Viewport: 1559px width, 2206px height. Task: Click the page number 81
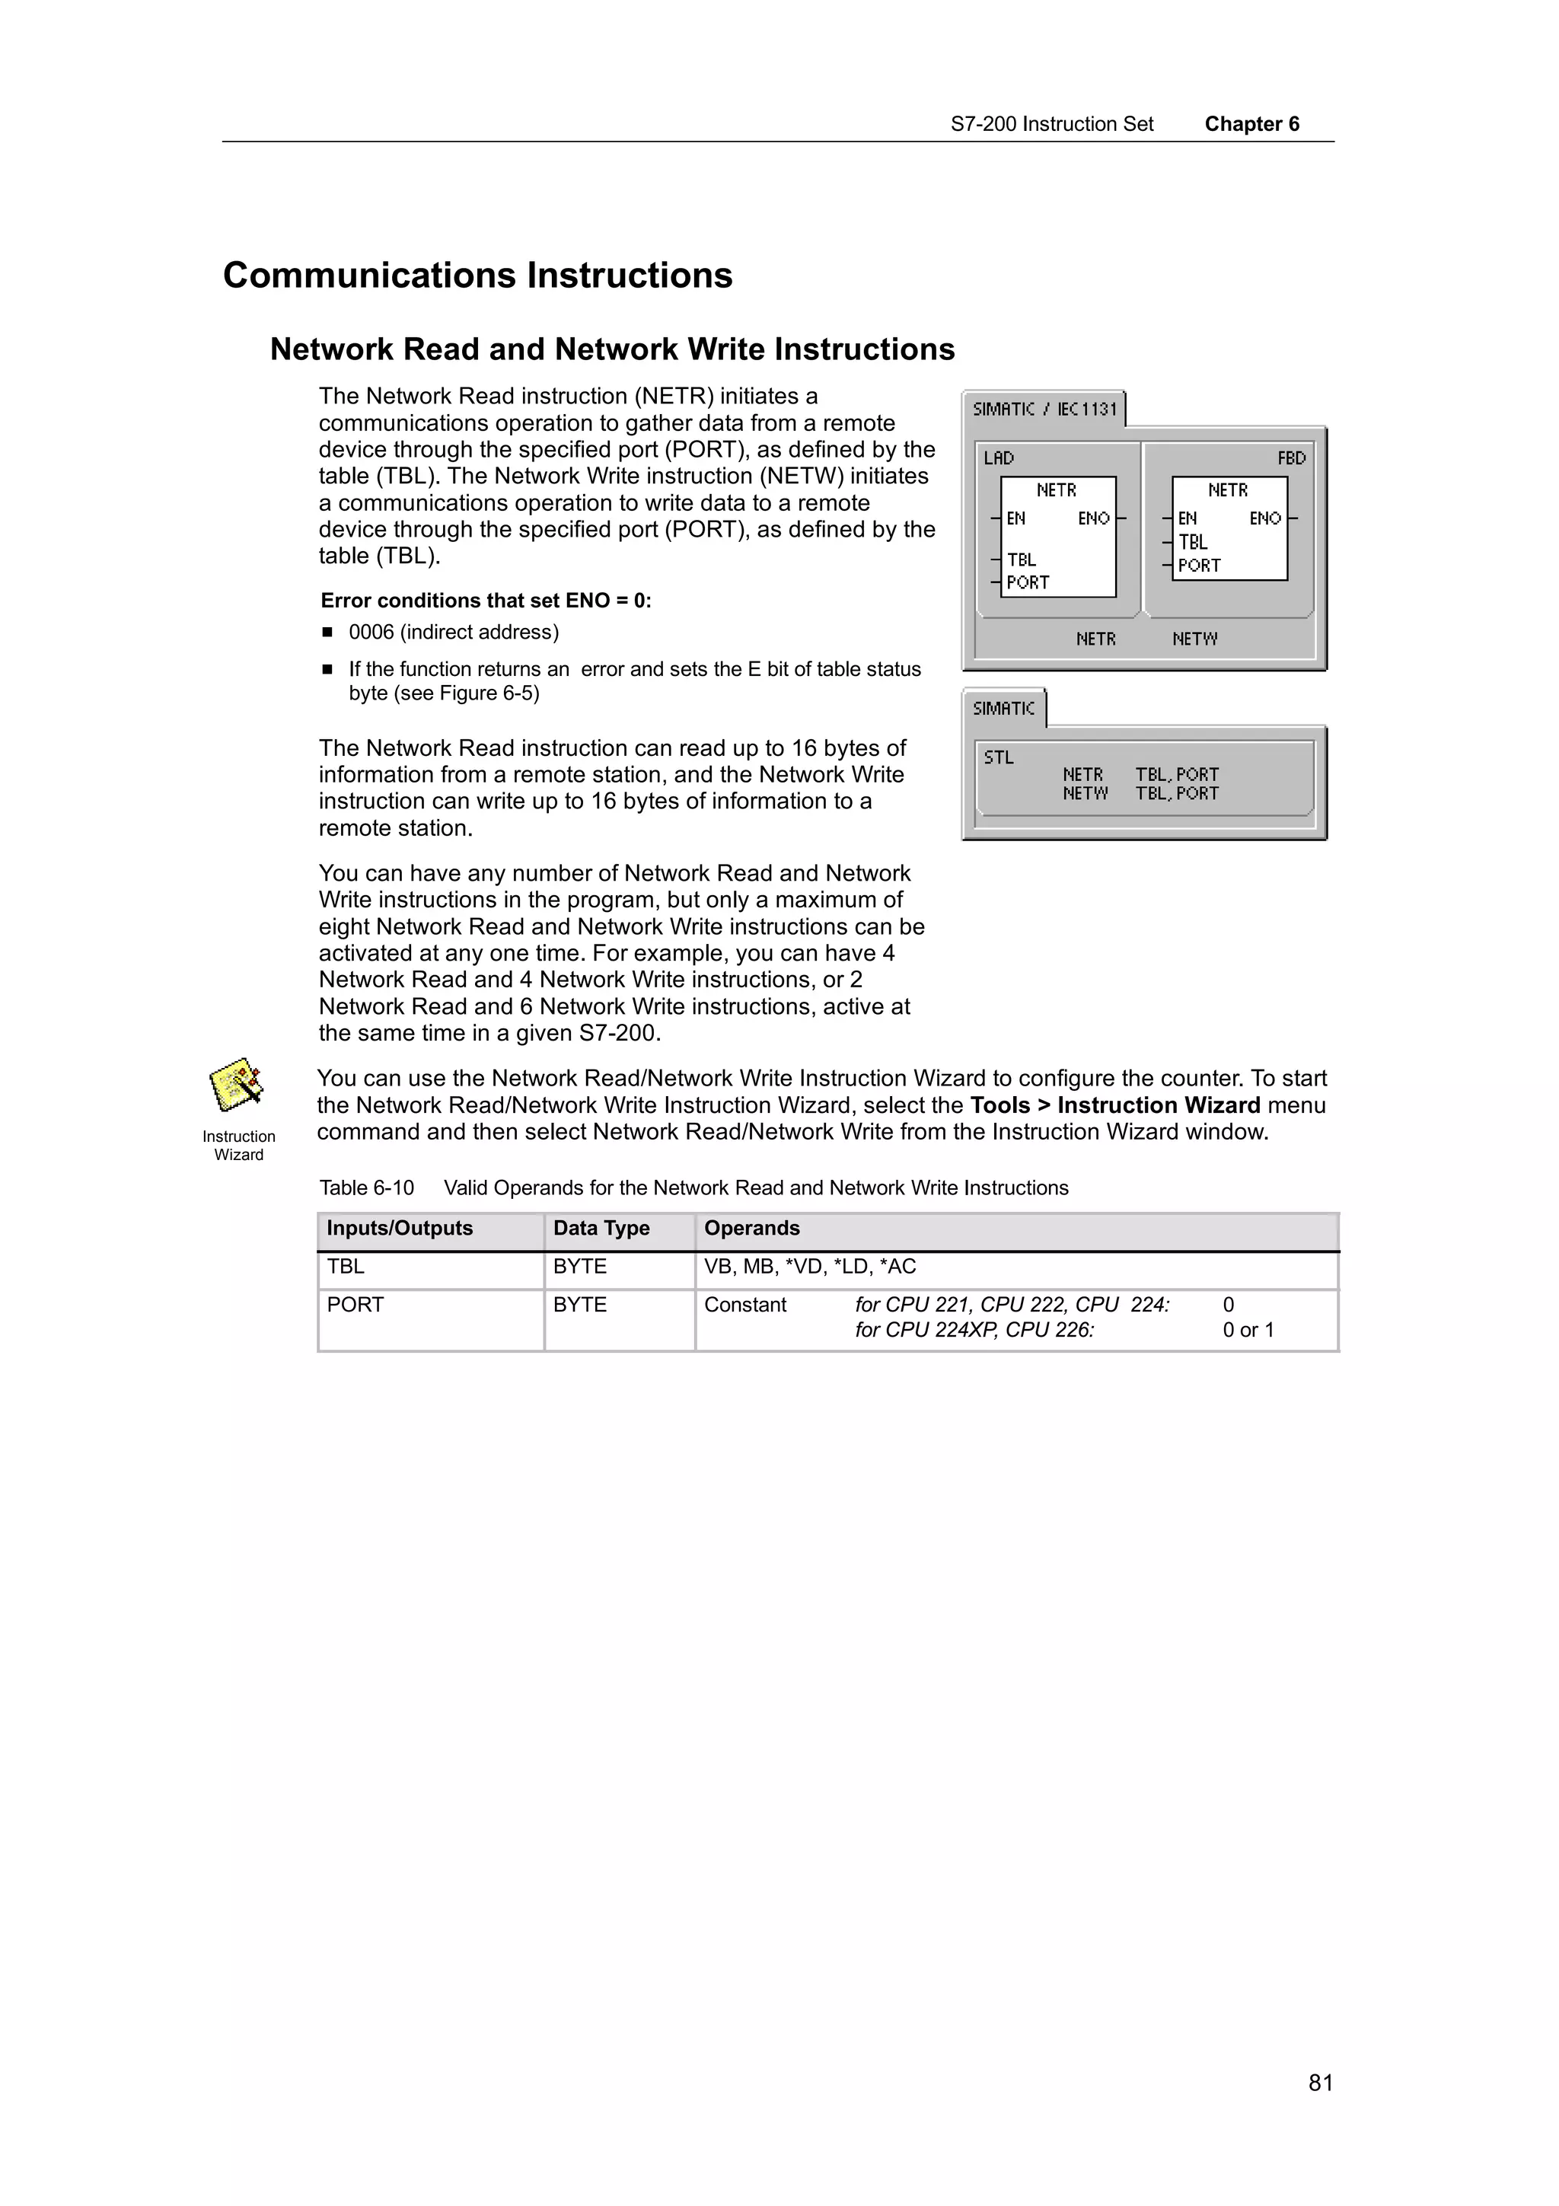point(1320,2082)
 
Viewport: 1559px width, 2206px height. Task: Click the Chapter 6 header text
point(1251,124)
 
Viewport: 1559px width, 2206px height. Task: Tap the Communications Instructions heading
point(477,276)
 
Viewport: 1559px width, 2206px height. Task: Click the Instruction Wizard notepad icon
point(236,1085)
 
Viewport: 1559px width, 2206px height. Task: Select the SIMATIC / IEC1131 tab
point(1044,410)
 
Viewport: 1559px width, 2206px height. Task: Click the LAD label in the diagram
point(998,458)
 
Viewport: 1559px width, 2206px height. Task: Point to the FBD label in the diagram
point(1291,458)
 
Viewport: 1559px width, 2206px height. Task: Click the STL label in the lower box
point(998,757)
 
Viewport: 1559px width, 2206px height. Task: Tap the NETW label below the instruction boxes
point(1194,639)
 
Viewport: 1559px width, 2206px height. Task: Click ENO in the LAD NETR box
point(1093,519)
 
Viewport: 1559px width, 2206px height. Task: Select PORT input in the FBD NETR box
point(1199,566)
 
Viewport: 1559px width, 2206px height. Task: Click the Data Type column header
point(601,1228)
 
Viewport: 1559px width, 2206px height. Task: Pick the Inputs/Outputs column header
point(400,1228)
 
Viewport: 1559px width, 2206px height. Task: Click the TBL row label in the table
point(346,1267)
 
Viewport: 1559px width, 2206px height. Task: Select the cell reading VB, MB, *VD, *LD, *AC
point(810,1267)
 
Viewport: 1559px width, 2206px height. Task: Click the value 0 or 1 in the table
point(1248,1330)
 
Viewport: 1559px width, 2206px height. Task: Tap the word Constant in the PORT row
point(744,1305)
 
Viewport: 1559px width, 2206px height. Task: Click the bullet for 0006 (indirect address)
point(327,633)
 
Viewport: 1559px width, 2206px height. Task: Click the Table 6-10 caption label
point(366,1187)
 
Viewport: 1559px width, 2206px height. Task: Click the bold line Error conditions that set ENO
point(485,601)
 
